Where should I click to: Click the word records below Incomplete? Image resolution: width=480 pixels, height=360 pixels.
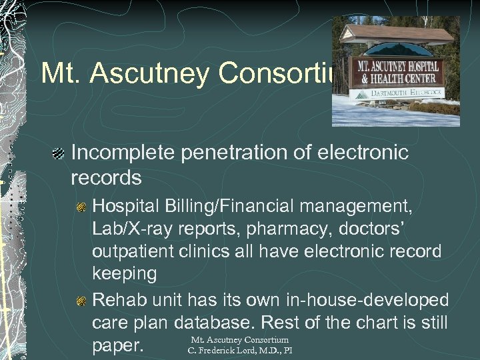point(105,178)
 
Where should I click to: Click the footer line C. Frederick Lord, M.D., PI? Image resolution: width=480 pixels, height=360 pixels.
point(239,351)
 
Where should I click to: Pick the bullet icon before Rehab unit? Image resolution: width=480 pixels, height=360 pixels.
point(81,301)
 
